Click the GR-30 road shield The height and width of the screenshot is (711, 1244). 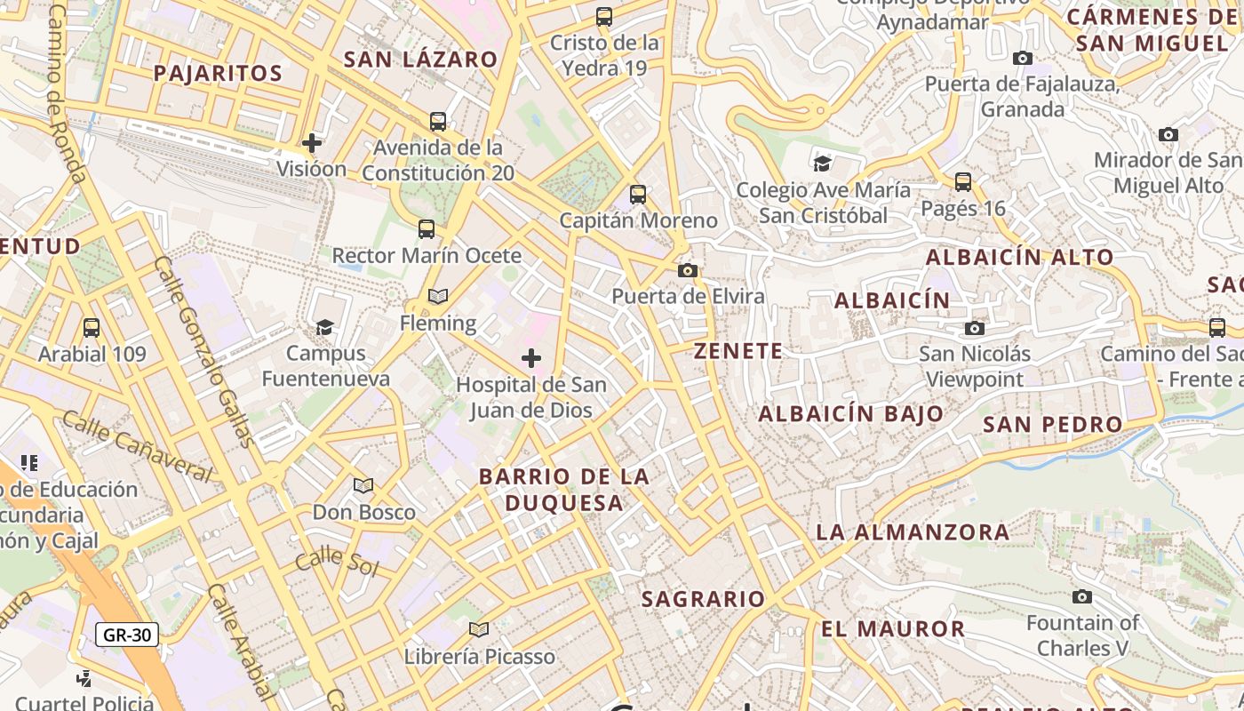point(127,635)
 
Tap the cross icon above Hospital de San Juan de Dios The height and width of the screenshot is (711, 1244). point(530,358)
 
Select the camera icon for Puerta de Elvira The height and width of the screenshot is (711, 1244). point(687,270)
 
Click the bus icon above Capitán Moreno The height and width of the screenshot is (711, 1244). point(637,194)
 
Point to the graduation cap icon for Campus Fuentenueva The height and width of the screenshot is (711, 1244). point(324,327)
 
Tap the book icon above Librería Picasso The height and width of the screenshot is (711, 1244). point(479,629)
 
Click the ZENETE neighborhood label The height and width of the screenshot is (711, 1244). point(738,351)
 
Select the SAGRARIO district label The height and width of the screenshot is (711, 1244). point(703,599)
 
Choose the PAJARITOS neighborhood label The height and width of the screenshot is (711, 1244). point(218,73)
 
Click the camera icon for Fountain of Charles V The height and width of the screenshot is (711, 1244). point(1081,596)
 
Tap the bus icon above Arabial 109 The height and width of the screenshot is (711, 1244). point(91,327)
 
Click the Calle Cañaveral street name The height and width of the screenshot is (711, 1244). point(138,447)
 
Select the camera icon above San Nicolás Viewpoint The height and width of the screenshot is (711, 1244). point(975,328)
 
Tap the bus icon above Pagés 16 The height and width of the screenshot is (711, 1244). point(962,182)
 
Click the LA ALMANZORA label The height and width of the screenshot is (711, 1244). point(913,532)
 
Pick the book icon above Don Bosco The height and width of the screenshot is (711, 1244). point(363,485)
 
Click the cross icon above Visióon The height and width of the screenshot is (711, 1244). point(311,142)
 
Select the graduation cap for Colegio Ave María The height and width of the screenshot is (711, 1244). point(822,163)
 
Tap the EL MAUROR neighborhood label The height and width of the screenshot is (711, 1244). point(892,629)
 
